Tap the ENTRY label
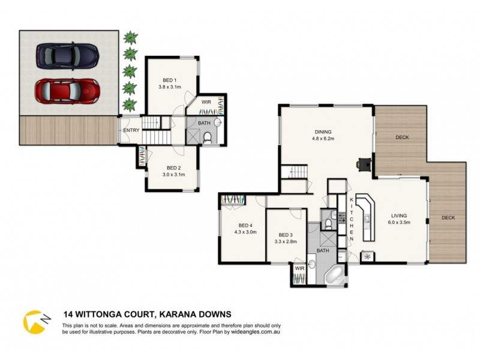coord(131,130)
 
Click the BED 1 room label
coord(170,80)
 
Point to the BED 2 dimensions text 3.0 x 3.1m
coord(173,175)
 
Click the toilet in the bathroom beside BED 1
coord(207,138)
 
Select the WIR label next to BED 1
coord(205,101)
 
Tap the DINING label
coord(323,132)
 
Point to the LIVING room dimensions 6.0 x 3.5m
coord(399,223)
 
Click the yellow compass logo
coord(34,321)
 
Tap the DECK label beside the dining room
coord(401,137)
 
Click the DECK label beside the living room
coord(449,218)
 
